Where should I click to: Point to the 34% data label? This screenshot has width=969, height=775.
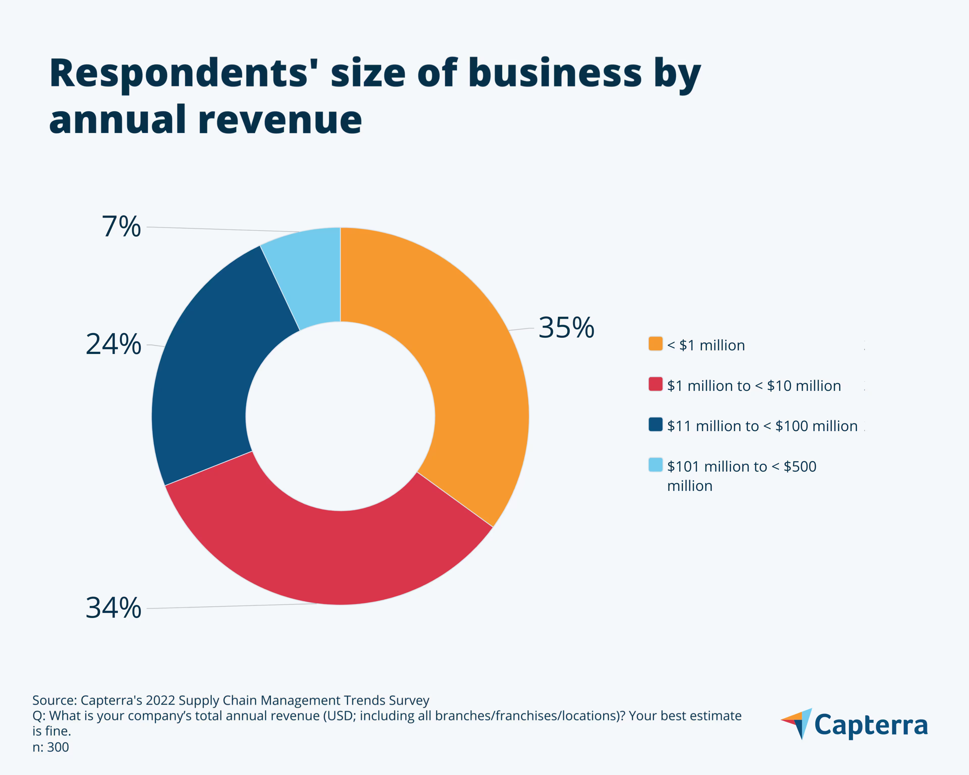click(x=113, y=608)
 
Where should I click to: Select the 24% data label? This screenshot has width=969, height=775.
click(x=113, y=345)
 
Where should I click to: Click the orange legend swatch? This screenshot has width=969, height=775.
click(x=655, y=343)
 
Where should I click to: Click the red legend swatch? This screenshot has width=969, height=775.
click(x=655, y=384)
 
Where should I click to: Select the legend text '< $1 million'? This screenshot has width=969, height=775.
click(x=706, y=345)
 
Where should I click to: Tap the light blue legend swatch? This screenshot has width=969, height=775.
click(x=655, y=464)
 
